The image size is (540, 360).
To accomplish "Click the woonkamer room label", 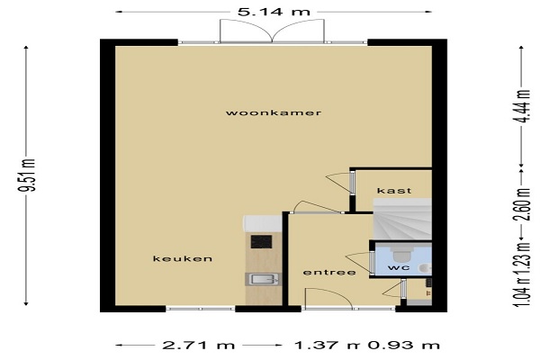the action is [274, 113].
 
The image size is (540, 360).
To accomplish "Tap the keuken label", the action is [183, 258].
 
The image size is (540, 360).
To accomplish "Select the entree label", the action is [329, 273].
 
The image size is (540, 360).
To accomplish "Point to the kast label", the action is [394, 191].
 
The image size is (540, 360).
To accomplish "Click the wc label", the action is [399, 267].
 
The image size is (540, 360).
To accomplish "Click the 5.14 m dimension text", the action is [274, 12].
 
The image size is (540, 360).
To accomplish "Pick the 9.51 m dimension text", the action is [28, 175].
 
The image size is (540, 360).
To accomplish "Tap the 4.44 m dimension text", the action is [522, 106].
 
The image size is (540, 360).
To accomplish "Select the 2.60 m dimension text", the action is [522, 204].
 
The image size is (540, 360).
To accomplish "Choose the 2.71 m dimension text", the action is [198, 346].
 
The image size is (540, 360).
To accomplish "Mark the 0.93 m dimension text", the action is [403, 346].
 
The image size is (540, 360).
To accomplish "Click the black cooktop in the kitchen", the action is [261, 241].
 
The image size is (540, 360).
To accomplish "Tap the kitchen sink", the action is [264, 279].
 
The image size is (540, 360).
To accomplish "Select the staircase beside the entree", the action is [402, 219].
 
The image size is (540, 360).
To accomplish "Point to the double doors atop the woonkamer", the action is [272, 31].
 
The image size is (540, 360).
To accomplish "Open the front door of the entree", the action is [328, 299].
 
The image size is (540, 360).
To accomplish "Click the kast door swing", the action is [339, 182].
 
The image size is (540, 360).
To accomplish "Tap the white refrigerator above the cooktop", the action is [262, 223].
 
